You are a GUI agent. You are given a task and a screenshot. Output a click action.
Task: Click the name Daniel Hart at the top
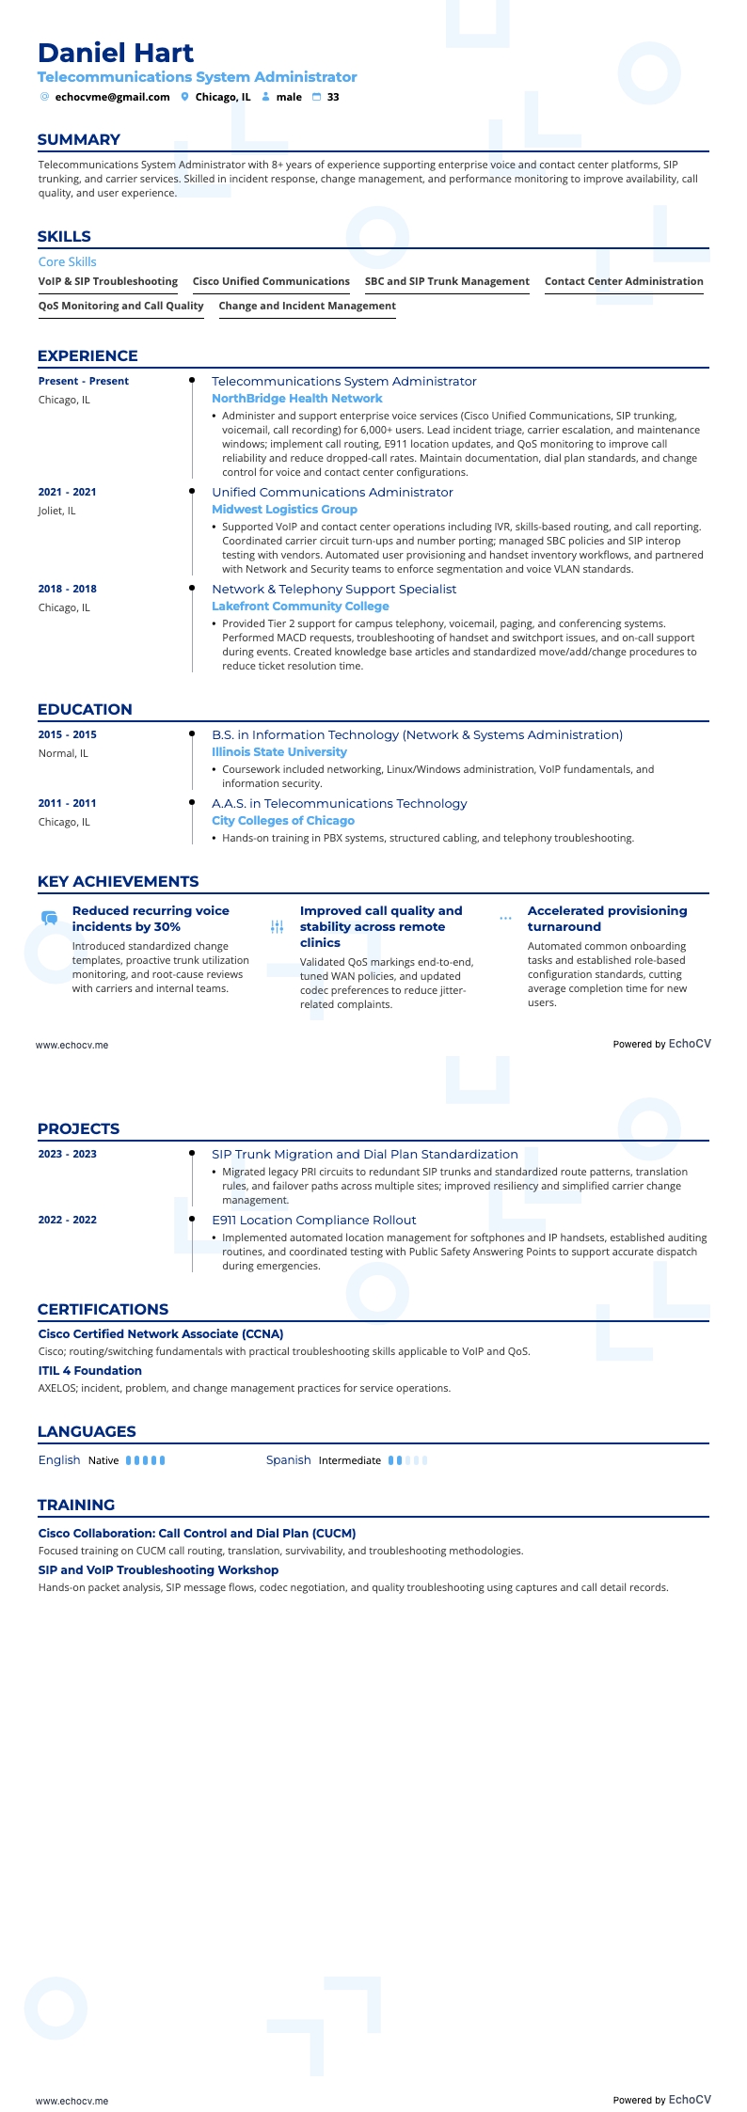coord(116,53)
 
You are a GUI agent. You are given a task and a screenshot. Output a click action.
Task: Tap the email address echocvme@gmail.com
coord(112,97)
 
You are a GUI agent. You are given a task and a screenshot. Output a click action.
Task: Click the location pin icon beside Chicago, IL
coord(185,97)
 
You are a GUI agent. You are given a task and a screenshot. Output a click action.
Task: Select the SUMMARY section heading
coord(79,140)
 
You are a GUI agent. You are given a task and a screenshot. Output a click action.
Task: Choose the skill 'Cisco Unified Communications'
coord(271,281)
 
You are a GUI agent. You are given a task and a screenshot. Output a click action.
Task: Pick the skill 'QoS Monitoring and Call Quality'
coord(120,306)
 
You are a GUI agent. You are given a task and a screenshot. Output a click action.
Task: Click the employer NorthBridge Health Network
coord(296,399)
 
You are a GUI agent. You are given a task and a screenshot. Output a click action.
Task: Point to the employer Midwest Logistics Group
coord(284,510)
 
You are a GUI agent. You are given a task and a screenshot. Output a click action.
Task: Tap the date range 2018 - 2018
coord(67,589)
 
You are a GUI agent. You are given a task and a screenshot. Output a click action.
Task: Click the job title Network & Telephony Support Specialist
coord(334,590)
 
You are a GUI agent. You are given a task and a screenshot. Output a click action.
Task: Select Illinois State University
coord(278,752)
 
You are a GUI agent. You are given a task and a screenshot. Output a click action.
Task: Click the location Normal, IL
coord(63,753)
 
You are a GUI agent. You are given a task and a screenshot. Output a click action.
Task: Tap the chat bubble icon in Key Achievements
coord(49,918)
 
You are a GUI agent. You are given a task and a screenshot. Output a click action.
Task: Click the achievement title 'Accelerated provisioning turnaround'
coord(607,919)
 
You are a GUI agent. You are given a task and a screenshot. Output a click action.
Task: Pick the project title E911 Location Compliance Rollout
coord(313,1221)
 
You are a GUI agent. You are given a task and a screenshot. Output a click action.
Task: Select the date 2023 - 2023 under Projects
coord(67,1154)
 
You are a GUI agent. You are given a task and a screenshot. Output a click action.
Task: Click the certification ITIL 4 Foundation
coord(89,1371)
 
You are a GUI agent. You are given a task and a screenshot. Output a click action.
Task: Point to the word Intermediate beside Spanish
coord(349,1460)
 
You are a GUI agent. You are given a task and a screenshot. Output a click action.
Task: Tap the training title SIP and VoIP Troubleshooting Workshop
coord(158,1569)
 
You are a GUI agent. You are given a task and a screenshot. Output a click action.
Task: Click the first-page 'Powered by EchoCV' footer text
coord(661,1044)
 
